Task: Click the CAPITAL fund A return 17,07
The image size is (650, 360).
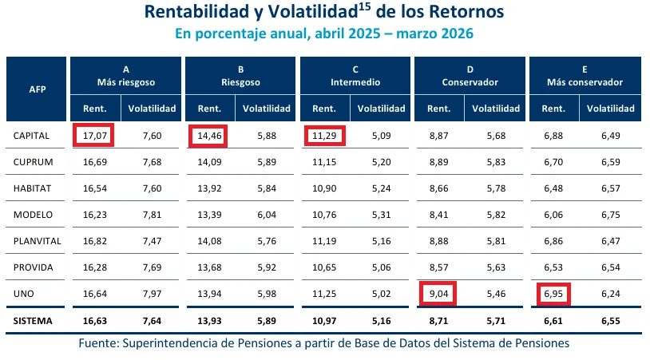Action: click(94, 136)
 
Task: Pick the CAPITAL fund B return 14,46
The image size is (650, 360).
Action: click(209, 136)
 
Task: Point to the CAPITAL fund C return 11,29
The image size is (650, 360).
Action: click(324, 136)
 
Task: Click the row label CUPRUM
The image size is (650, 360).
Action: click(33, 162)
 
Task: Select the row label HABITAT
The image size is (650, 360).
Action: click(33, 188)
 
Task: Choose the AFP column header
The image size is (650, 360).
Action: click(37, 89)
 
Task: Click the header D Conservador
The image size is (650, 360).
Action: click(470, 76)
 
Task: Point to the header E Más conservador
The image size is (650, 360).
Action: click(585, 76)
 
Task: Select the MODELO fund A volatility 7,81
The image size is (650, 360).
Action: click(152, 214)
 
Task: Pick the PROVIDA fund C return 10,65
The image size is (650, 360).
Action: click(324, 267)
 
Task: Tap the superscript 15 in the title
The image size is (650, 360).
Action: click(367, 8)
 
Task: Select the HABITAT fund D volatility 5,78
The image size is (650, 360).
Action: click(497, 188)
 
